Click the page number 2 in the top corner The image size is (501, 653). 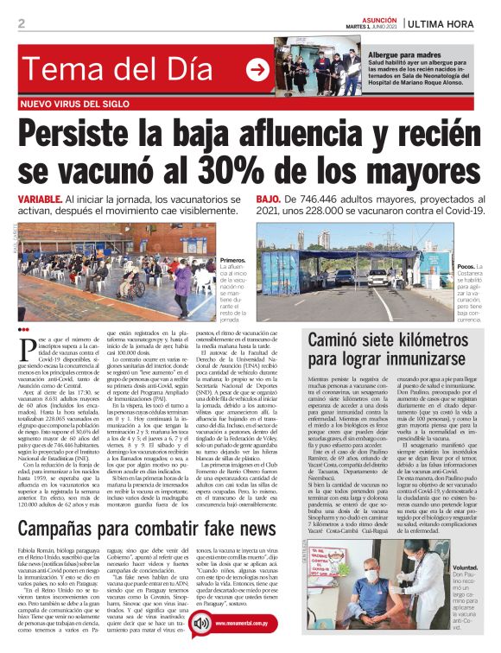click(x=21, y=22)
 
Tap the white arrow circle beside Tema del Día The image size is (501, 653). click(x=257, y=71)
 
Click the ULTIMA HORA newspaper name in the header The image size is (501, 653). click(x=448, y=23)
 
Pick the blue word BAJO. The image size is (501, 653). click(x=269, y=200)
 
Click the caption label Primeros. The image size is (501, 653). click(x=232, y=260)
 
